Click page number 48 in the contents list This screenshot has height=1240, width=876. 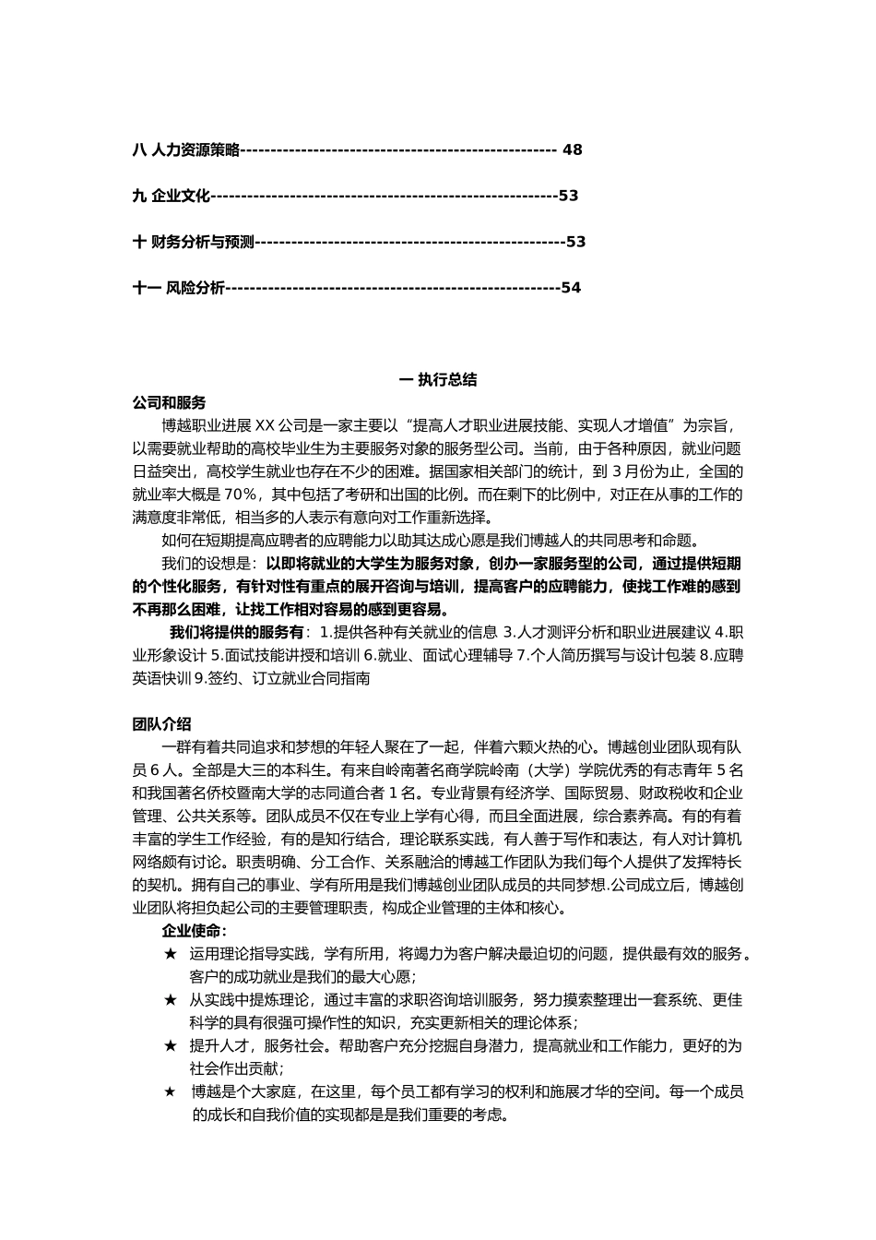(572, 149)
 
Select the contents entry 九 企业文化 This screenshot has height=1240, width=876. (172, 196)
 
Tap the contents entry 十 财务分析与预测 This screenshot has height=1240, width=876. (193, 242)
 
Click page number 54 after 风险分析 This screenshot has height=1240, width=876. (571, 288)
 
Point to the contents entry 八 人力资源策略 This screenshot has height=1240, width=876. (185, 149)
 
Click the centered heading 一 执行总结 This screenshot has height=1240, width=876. (437, 379)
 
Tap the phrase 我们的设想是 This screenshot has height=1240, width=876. (209, 563)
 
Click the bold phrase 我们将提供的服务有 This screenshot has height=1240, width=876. (236, 632)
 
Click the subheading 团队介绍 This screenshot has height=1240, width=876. (162, 723)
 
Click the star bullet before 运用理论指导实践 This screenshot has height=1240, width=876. (170, 954)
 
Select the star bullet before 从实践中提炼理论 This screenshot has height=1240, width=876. (170, 1000)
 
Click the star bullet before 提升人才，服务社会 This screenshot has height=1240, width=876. (170, 1046)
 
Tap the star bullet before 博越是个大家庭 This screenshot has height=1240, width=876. (170, 1092)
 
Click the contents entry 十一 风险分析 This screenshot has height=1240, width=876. (179, 288)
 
